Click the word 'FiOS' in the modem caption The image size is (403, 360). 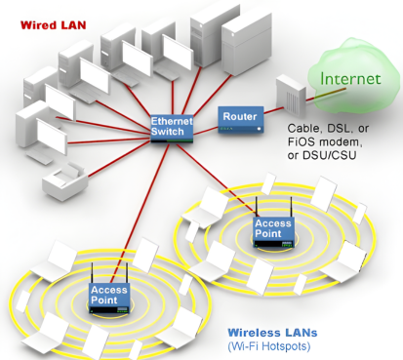(x=300, y=144)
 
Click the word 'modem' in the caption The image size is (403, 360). (x=339, y=144)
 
